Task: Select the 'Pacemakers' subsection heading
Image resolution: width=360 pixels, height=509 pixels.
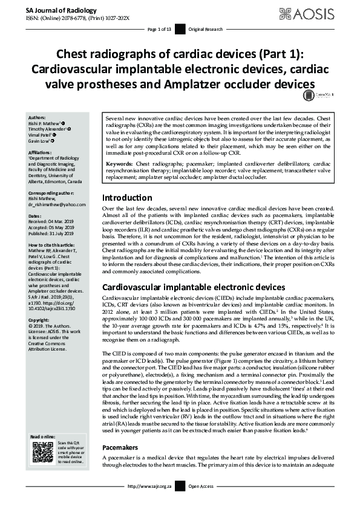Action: pos(120,465)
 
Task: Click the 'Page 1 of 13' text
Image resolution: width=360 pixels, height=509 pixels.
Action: pos(160,29)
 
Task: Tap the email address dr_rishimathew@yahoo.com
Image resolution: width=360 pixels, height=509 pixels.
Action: pos(57,205)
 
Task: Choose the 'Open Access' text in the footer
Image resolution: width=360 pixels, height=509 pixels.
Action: pos(201,502)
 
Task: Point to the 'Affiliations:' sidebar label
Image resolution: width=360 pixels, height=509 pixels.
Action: pos(42,154)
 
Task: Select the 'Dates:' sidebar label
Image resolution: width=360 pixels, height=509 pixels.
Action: pos(35,215)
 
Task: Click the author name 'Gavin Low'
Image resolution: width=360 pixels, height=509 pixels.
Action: pos(40,141)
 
